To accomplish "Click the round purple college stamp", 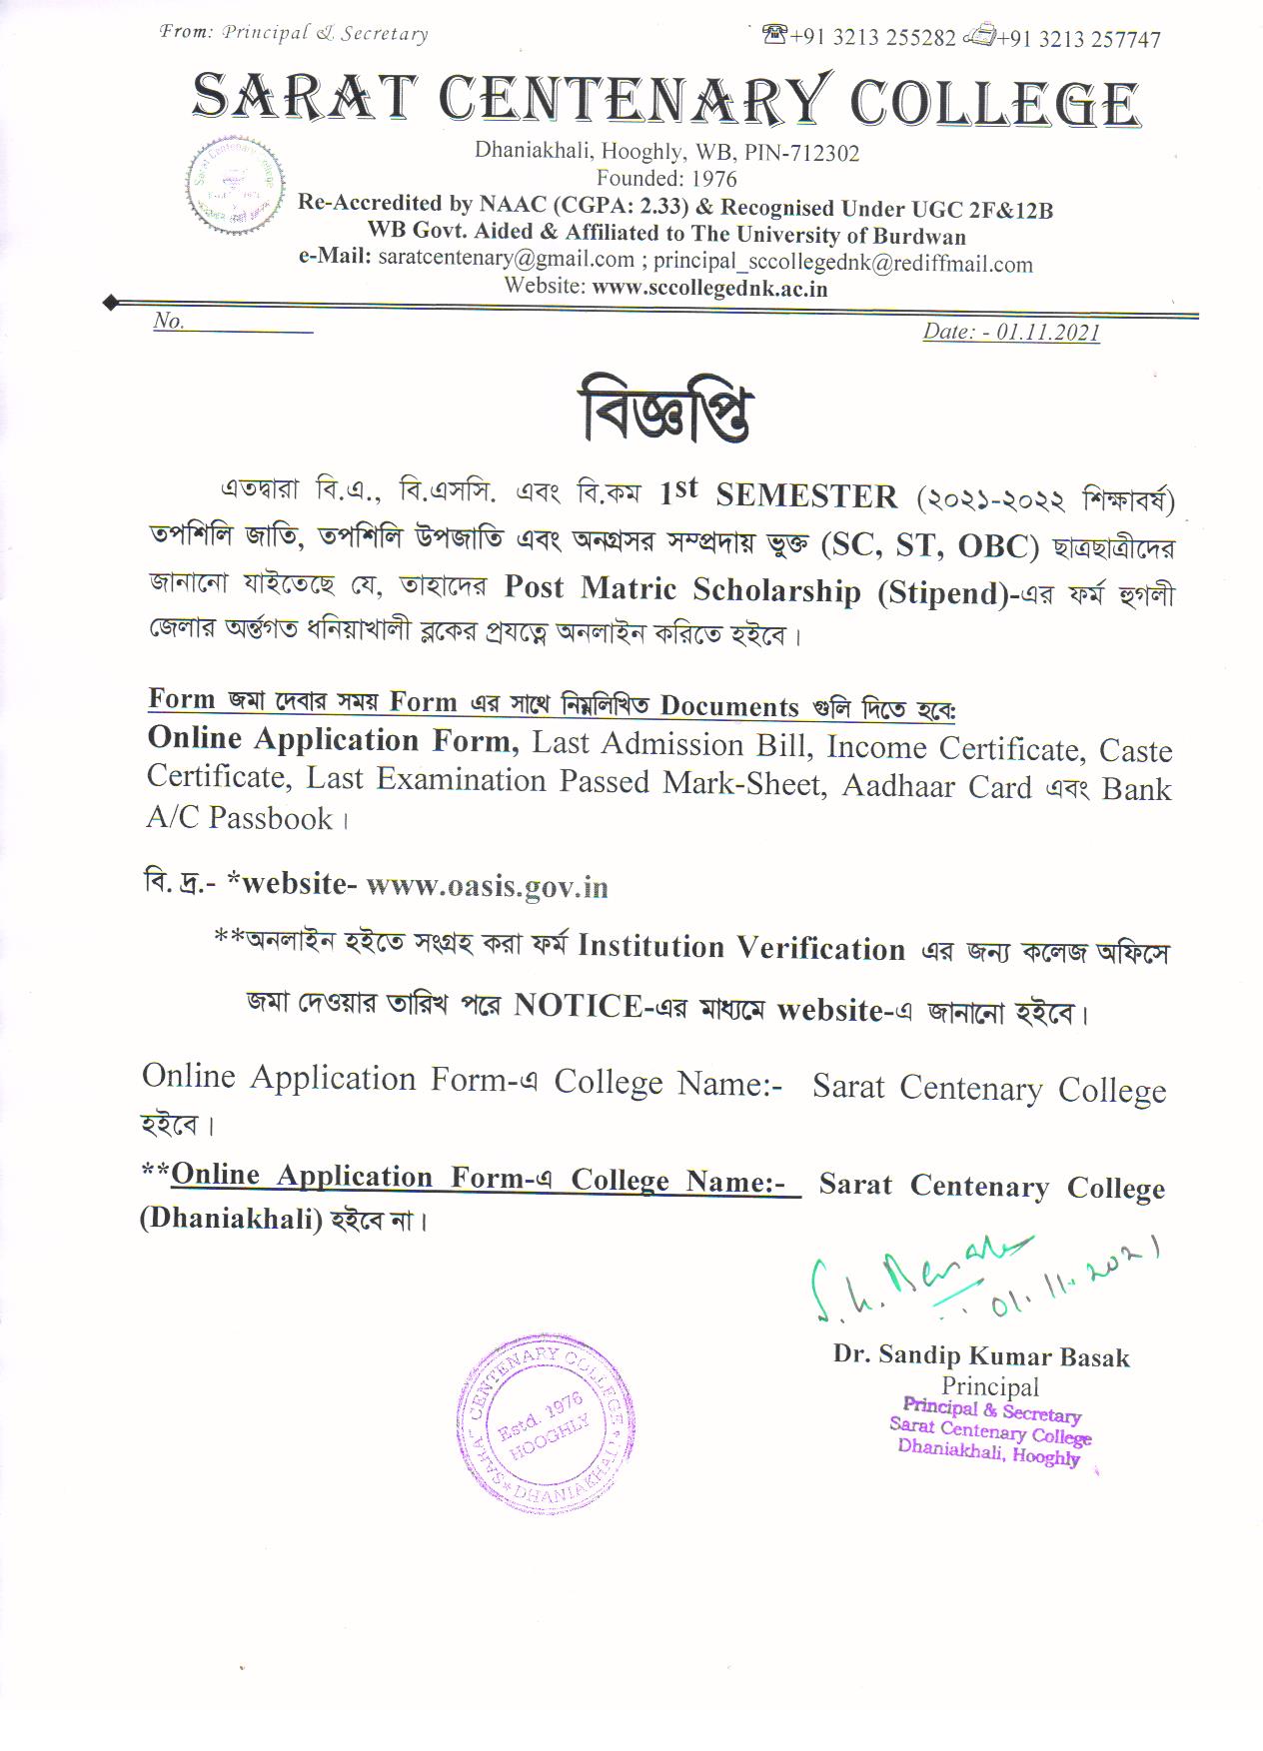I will tap(546, 1422).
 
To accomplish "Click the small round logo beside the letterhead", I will tap(235, 187).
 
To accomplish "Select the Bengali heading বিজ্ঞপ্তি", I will tap(664, 410).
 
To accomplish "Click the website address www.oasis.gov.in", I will tap(487, 886).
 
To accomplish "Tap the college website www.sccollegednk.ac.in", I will tap(709, 288).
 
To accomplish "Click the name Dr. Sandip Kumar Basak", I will tap(981, 1355).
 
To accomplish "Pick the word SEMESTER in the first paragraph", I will tap(806, 496).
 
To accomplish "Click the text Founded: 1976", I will tap(666, 179).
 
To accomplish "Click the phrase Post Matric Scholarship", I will tap(681, 589).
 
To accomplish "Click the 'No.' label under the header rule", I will tap(169, 321).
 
